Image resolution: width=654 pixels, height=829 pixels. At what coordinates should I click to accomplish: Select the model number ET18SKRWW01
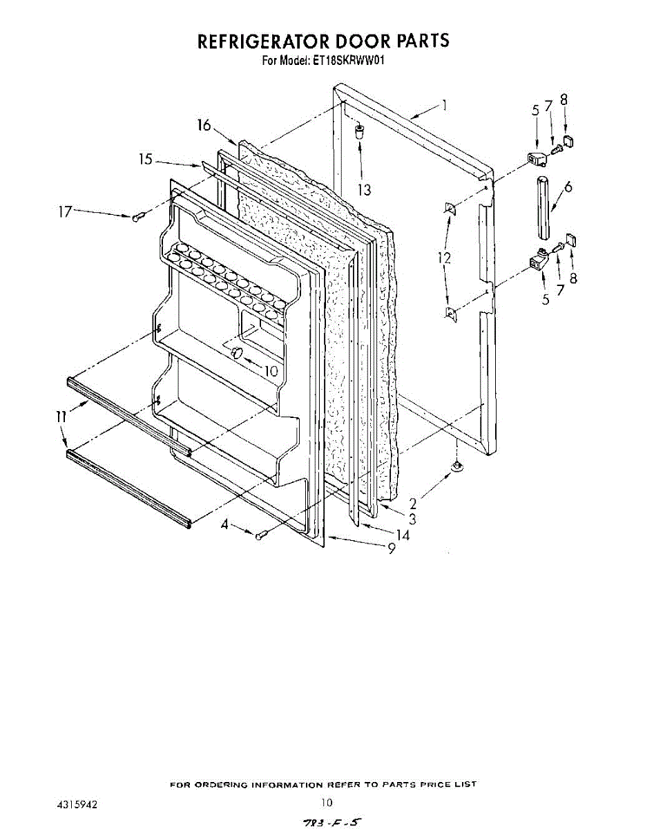pos(352,60)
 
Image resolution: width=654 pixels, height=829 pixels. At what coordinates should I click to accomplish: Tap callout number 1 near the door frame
pos(445,106)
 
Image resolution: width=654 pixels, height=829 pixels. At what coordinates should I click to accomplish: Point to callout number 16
pos(203,125)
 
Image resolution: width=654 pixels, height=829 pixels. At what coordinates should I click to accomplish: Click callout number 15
pos(145,160)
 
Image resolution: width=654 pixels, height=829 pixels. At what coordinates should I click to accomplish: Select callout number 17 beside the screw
pos(64,212)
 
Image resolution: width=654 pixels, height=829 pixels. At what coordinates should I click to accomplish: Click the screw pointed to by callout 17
pos(137,218)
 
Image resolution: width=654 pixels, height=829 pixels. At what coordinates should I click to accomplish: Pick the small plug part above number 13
pos(360,131)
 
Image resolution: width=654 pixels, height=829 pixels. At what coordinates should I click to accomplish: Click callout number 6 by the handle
pos(568,187)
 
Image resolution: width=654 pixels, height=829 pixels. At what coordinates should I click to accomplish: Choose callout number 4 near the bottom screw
pos(224,526)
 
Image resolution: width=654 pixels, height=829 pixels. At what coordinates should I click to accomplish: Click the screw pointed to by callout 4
pos(260,535)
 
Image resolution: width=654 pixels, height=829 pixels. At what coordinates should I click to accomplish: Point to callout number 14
pos(403,535)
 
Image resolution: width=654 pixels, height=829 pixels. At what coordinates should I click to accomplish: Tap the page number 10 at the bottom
pos(327,803)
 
